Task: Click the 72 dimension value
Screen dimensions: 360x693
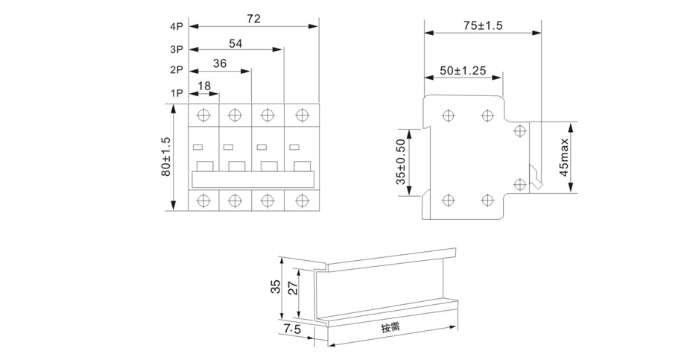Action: click(x=253, y=19)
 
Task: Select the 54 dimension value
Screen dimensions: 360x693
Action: click(x=235, y=43)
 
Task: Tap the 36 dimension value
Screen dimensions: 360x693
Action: click(x=221, y=64)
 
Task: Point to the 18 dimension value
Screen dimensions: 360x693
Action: click(x=204, y=86)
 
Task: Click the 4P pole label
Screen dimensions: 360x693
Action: click(x=176, y=27)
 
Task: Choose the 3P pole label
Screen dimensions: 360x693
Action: click(x=176, y=50)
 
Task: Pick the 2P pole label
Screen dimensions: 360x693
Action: click(x=176, y=72)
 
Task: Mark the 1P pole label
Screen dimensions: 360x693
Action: click(x=176, y=94)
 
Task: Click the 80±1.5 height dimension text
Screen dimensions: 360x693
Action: click(x=166, y=157)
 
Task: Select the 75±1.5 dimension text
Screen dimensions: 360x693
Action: click(x=483, y=25)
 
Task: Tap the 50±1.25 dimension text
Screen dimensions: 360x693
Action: click(x=463, y=71)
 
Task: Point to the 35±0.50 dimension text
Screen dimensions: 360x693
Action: click(x=401, y=161)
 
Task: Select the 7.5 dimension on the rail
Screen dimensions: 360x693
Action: click(x=291, y=329)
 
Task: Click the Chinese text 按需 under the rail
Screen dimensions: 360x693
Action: click(x=391, y=328)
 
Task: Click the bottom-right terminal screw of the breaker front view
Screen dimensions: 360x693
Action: click(x=301, y=199)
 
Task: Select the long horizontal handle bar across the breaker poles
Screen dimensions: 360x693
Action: click(x=255, y=179)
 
